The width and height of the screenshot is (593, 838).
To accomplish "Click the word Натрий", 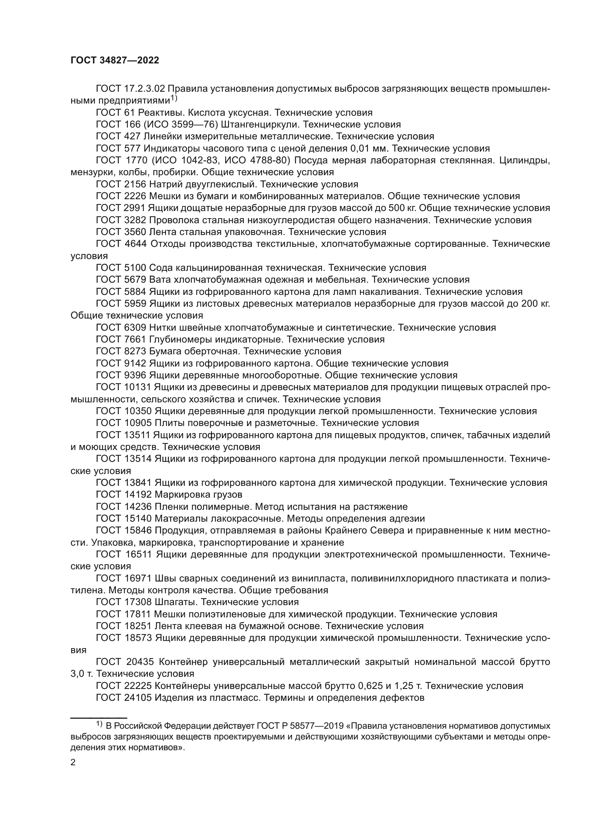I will pos(165,184).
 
